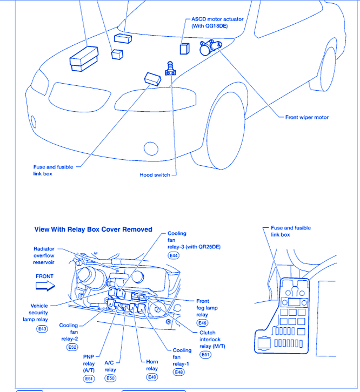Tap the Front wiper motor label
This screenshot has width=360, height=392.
[x=306, y=117]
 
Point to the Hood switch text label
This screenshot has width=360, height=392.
[x=155, y=175]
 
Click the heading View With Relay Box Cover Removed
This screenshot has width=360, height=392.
[x=94, y=229]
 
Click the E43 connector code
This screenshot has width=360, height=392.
[x=42, y=328]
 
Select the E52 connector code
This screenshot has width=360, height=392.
[x=72, y=347]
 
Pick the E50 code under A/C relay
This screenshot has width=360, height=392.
[x=110, y=378]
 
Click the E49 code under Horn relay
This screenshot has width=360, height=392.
[x=152, y=377]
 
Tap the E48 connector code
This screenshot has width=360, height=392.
[x=179, y=372]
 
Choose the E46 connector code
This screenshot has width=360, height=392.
[x=202, y=322]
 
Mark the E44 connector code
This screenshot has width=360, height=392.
[x=174, y=255]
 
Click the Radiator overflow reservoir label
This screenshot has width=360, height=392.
[x=43, y=255]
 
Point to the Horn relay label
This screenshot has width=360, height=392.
[x=152, y=365]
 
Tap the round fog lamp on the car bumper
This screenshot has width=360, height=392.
[x=151, y=147]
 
